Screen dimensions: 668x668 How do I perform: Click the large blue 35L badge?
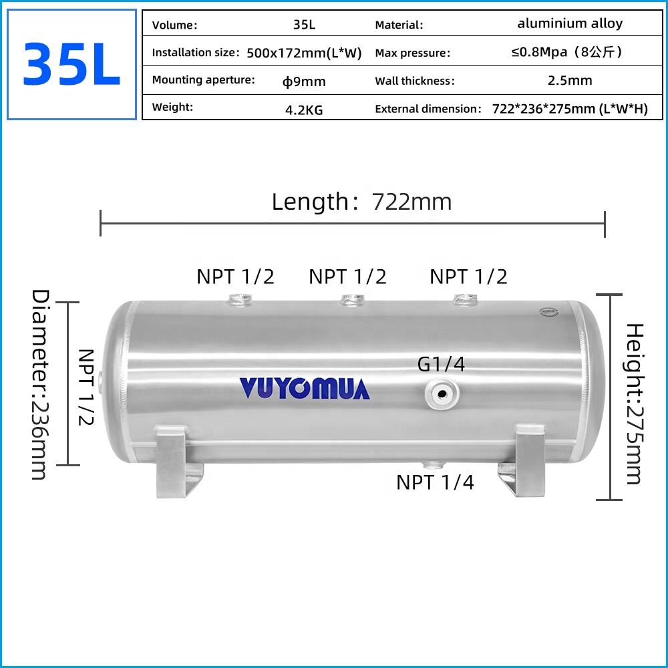(71, 64)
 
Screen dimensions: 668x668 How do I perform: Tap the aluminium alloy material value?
(570, 24)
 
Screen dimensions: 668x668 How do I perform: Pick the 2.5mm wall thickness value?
(570, 81)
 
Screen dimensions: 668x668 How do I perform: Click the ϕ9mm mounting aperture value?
(304, 81)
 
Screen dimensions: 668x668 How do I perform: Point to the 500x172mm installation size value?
(304, 53)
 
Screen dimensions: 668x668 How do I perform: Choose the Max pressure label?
(413, 53)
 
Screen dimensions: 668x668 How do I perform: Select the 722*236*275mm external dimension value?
(570, 110)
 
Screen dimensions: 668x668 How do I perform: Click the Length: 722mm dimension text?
(361, 202)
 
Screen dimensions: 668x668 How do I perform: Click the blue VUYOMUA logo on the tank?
(305, 388)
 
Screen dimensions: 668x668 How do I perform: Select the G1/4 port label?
(441, 364)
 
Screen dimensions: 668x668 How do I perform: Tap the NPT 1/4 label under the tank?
(435, 482)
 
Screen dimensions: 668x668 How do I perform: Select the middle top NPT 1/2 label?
(347, 277)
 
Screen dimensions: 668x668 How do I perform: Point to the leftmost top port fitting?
(238, 301)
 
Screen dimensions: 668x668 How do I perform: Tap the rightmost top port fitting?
(463, 300)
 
